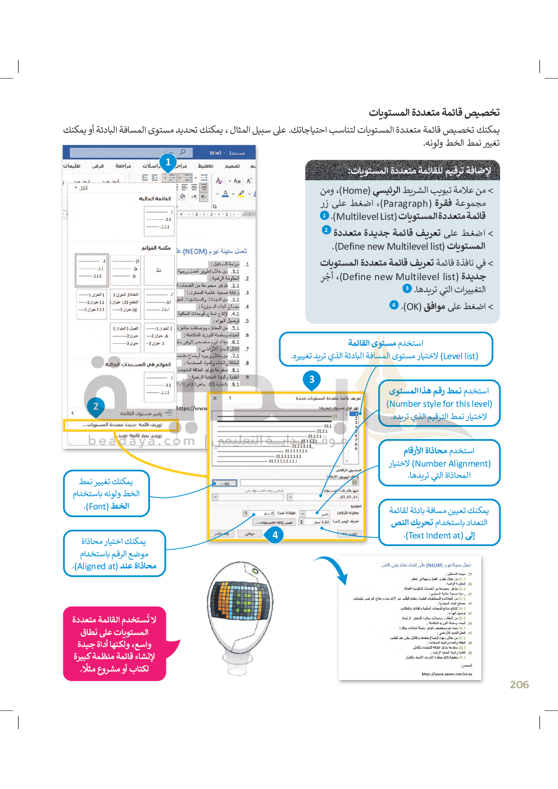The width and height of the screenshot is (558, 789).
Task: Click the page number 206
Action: click(519, 684)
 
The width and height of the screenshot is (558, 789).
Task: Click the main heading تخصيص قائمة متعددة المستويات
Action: click(434, 113)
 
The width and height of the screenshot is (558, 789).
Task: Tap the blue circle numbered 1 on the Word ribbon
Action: click(168, 162)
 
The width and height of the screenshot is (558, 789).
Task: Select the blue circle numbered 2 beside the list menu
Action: click(95, 406)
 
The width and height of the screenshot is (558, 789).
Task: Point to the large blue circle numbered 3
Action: click(312, 379)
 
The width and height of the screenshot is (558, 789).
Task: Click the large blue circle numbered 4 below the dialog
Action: click(275, 535)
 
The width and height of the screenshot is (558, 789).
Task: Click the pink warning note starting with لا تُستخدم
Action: click(115, 644)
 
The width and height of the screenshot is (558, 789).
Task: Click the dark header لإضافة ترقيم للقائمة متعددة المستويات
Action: click(403, 171)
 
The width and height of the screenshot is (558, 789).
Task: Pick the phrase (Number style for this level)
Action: click(439, 404)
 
